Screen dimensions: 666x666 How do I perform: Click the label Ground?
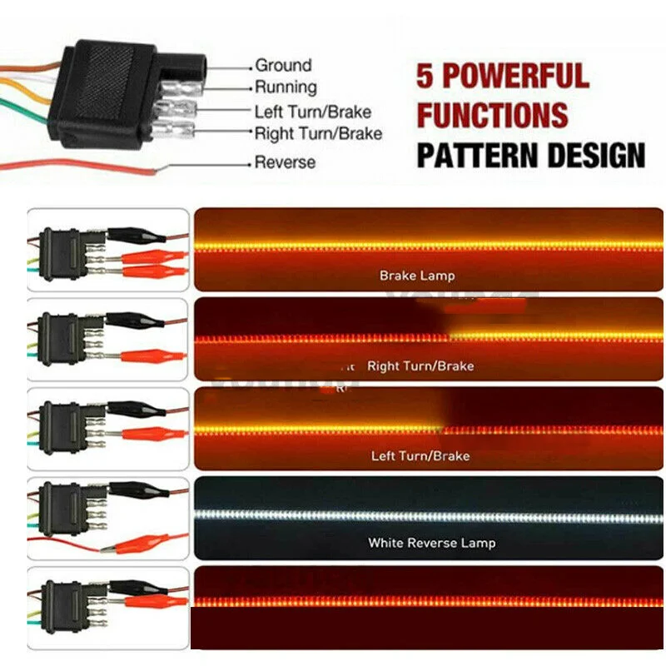pos(283,65)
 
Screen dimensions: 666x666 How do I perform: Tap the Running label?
pos(286,87)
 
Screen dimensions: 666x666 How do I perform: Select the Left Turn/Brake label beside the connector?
pos(313,112)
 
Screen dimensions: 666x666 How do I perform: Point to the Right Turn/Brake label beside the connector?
pos(318,133)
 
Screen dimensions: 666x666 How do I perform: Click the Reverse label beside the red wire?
pos(285,162)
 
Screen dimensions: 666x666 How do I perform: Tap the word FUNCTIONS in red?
pos(492,115)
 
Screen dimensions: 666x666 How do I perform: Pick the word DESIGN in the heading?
pos(592,155)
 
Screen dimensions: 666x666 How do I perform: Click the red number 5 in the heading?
pos(425,76)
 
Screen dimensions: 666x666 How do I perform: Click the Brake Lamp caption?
pos(417,276)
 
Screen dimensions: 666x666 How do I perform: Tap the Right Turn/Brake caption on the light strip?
pos(420,365)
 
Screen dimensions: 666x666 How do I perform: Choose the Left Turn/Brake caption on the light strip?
pos(420,455)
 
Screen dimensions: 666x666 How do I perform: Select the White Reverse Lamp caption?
pos(431,543)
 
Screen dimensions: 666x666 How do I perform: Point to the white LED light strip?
pos(429,515)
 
